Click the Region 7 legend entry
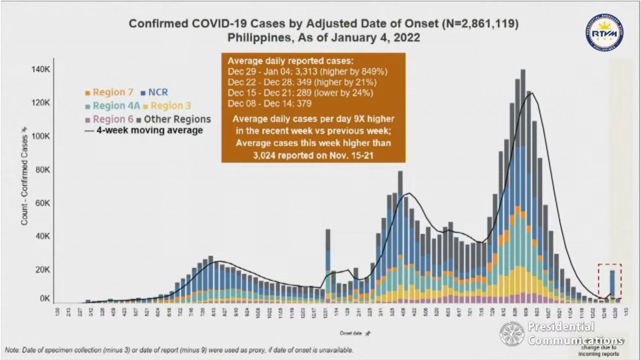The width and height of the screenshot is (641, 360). [x=108, y=92]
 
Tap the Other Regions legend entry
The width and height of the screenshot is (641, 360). [x=178, y=119]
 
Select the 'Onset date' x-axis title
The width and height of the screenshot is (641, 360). [x=333, y=331]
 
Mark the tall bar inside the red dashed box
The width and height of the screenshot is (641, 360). [x=612, y=284]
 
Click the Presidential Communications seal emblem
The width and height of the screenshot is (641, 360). [x=512, y=335]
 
